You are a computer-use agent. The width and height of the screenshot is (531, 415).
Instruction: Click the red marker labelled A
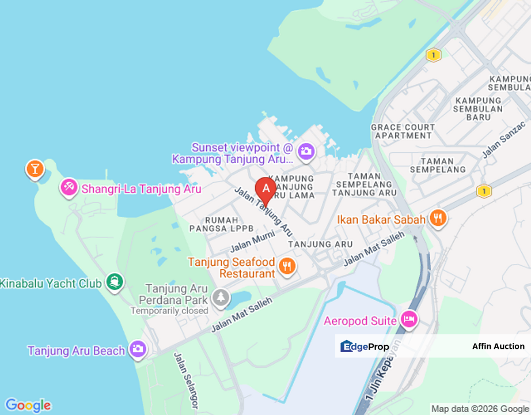click(x=265, y=189)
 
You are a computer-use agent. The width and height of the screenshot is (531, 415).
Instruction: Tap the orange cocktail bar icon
click(x=35, y=169)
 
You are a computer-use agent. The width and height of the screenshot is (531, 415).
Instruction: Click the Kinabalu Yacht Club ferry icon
click(x=115, y=282)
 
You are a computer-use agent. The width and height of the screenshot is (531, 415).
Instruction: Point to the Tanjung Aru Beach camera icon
click(x=138, y=349)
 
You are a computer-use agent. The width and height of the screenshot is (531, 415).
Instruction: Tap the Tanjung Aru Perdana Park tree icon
click(x=220, y=297)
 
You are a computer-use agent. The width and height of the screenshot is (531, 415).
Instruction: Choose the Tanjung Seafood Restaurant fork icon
click(x=287, y=266)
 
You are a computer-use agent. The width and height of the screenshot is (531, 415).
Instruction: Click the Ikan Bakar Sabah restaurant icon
click(x=438, y=218)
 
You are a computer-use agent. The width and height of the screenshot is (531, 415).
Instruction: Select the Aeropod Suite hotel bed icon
click(x=409, y=319)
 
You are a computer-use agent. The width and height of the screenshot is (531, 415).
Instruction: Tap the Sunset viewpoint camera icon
click(x=306, y=151)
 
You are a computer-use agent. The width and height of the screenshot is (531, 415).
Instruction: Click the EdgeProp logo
click(x=365, y=346)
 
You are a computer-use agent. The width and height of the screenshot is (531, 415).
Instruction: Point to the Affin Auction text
click(x=498, y=346)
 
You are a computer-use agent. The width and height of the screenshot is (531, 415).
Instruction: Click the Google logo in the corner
click(x=28, y=405)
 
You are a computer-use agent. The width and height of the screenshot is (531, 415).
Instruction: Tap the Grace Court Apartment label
click(x=403, y=131)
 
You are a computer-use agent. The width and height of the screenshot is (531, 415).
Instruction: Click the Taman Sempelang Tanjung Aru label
click(x=365, y=184)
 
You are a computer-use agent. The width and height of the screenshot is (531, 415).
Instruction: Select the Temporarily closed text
click(x=169, y=311)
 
